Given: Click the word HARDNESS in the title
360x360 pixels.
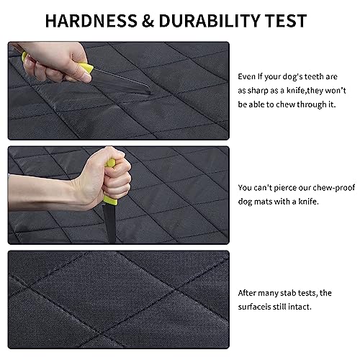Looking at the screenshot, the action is point(91,21).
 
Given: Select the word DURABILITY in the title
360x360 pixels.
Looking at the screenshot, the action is point(210,21).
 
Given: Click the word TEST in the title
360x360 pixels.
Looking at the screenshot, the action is point(286,21).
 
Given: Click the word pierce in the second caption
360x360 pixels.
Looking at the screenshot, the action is point(285,188).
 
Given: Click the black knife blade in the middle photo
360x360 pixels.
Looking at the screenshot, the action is point(110,222).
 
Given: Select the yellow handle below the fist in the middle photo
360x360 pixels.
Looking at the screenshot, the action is point(110,200).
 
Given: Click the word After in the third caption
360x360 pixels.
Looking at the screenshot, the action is point(247,293).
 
